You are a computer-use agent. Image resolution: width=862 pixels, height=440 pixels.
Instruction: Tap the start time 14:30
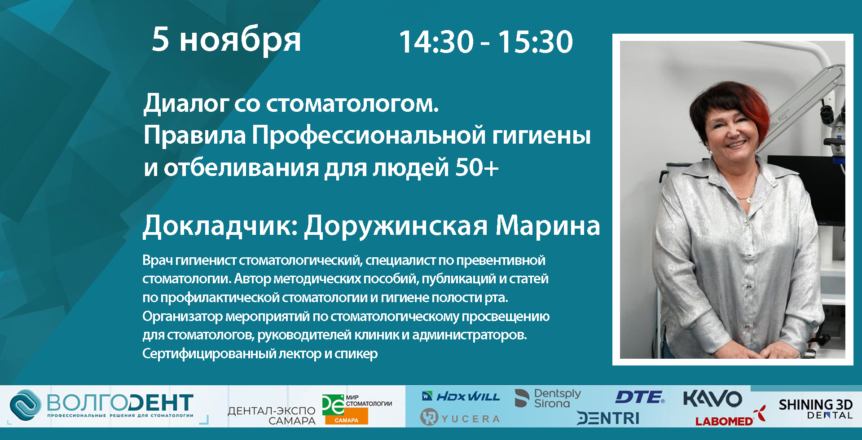[x=436, y=42]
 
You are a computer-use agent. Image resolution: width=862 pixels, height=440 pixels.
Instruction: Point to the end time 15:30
[x=535, y=42]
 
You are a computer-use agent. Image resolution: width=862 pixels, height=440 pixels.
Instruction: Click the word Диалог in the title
[x=186, y=104]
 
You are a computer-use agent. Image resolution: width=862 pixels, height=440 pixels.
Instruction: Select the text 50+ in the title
[x=477, y=167]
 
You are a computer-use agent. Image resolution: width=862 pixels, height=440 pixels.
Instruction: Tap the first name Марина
[x=547, y=225]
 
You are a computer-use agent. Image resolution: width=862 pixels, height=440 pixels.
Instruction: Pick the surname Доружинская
[x=396, y=225]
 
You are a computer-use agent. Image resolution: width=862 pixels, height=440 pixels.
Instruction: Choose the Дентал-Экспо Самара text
[x=272, y=416]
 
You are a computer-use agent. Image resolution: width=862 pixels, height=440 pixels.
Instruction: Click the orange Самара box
[x=347, y=420]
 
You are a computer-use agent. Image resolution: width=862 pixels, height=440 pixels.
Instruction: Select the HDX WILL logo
[x=461, y=396]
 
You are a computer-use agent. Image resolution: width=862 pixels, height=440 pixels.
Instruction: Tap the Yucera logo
[x=460, y=418]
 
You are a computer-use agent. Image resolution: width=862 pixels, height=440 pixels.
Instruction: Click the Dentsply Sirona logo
[x=548, y=398]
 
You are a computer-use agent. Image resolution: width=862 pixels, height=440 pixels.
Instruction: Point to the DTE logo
[x=640, y=397]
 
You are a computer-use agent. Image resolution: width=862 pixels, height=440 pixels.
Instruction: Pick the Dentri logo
[x=608, y=418]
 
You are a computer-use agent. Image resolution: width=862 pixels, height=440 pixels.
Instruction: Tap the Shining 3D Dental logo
[x=816, y=409]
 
